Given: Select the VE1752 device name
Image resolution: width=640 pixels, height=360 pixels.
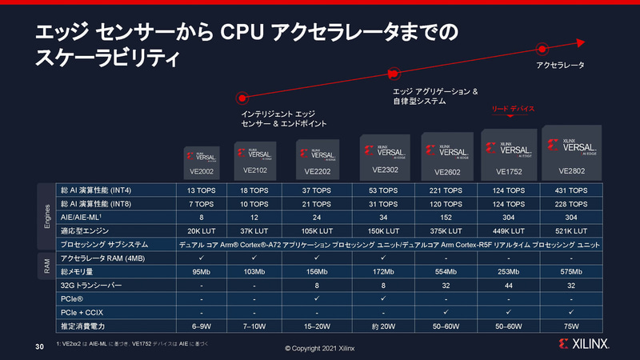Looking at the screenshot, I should tap(509, 171).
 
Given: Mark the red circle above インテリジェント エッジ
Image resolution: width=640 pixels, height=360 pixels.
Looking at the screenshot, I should tap(240, 98).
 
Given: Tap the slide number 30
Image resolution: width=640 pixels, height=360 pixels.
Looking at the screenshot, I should tap(39, 346).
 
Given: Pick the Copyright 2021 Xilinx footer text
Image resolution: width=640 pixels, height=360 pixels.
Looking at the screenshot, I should tap(320, 350).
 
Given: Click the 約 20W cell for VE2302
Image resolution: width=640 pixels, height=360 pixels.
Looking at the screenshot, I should tap(386, 326).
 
